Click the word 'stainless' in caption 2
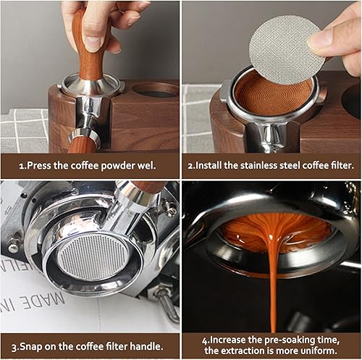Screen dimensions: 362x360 (259, 166)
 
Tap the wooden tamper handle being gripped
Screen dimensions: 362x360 (89, 43)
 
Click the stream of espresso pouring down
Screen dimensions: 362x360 (273, 277)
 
